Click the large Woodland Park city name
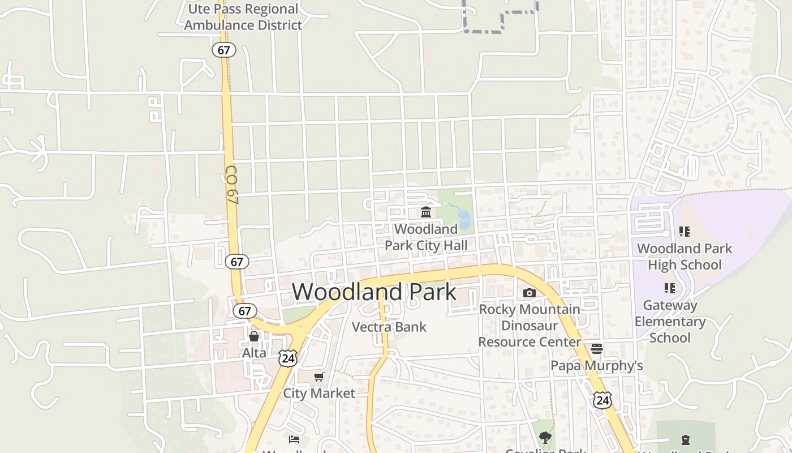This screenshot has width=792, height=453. click(x=374, y=292)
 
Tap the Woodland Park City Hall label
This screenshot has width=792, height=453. click(x=426, y=237)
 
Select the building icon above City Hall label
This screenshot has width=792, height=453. click(x=426, y=212)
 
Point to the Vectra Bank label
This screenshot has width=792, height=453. click(x=389, y=327)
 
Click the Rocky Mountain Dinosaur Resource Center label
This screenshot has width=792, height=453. click(x=530, y=326)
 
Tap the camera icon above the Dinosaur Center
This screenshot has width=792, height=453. click(x=530, y=293)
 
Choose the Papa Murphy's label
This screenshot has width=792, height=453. click(x=597, y=366)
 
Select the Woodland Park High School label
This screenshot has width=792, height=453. click(x=685, y=257)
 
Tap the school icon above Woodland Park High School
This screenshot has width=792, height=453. click(x=685, y=232)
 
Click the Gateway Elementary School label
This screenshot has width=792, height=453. click(x=670, y=322)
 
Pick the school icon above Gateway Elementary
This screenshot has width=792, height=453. click(x=670, y=288)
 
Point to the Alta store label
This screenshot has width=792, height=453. click(x=254, y=353)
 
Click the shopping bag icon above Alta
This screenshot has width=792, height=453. click(x=254, y=336)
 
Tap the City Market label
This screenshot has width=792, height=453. click(x=319, y=393)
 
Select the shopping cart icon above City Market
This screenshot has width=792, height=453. click(x=319, y=377)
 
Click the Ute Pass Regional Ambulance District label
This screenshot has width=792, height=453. click(x=243, y=17)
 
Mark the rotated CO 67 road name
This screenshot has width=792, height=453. click(x=231, y=185)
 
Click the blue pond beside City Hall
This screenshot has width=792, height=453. click(x=464, y=219)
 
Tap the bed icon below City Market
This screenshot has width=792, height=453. click(x=294, y=439)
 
